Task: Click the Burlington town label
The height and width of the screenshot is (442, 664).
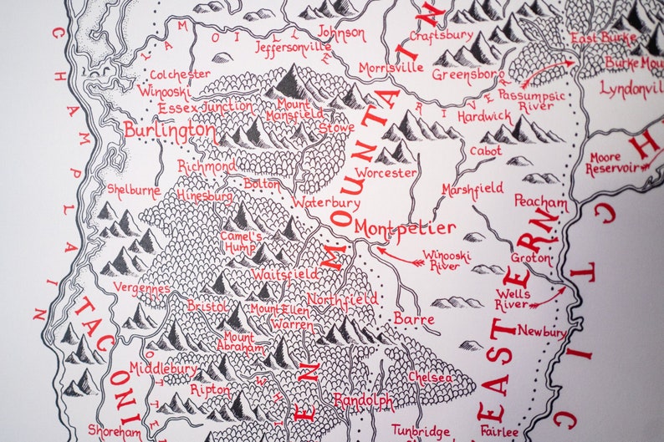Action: click(x=168, y=130)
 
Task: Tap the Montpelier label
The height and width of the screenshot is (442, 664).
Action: click(x=405, y=227)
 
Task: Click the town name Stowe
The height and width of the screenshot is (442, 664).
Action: click(x=336, y=130)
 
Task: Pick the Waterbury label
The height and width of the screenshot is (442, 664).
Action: click(x=326, y=202)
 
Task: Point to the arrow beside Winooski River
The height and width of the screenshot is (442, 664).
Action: click(x=395, y=255)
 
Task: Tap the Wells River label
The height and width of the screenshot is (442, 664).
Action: click(x=512, y=299)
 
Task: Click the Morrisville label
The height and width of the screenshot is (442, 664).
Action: click(x=391, y=67)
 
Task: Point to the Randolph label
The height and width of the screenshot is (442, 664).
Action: click(x=364, y=401)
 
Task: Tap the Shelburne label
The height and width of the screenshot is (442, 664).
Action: click(x=134, y=189)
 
